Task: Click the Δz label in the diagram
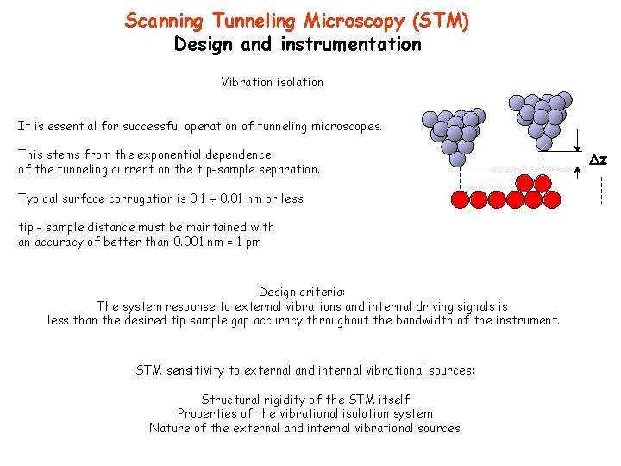598,160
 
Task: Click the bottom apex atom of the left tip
458,158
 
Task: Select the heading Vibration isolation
272,82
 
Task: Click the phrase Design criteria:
302,292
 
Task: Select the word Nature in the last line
169,428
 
